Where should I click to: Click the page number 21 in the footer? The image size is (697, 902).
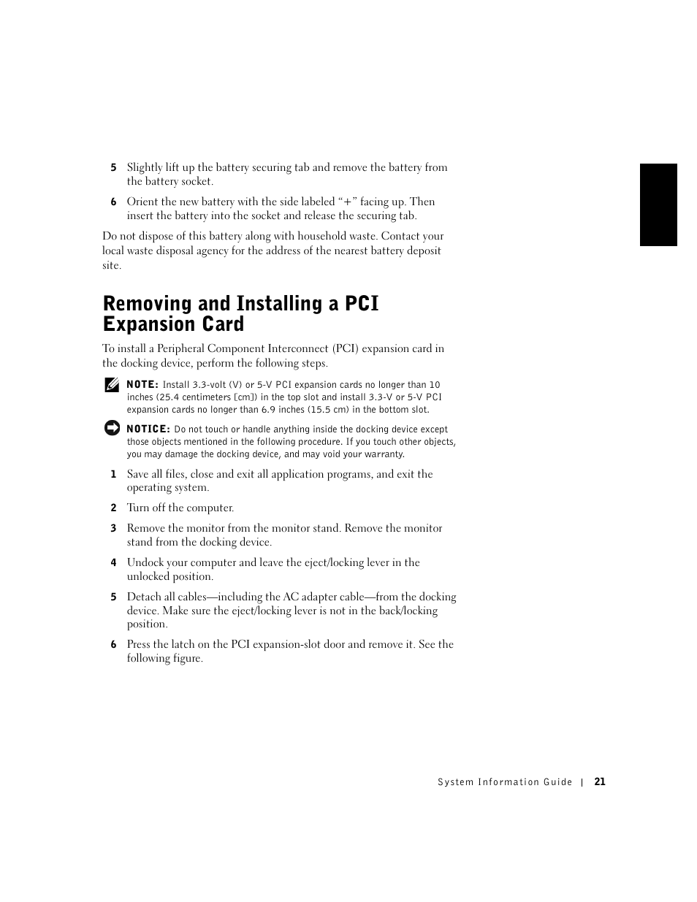(600, 781)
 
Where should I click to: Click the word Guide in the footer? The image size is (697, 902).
(558, 782)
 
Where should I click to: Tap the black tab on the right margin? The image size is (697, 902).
(658, 205)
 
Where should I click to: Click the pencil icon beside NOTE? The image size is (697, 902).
(112, 385)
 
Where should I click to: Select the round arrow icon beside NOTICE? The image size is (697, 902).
(112, 429)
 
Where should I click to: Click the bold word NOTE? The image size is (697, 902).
(142, 385)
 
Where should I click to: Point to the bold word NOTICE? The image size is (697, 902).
(148, 429)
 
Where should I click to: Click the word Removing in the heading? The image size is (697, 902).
(148, 304)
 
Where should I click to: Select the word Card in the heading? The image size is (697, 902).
(222, 324)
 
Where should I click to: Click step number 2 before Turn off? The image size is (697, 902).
(113, 508)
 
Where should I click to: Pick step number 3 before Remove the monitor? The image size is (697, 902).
(113, 529)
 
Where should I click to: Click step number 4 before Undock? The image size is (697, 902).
(113, 563)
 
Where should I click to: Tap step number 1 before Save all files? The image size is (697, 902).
(113, 475)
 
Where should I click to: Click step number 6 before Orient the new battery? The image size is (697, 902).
(113, 202)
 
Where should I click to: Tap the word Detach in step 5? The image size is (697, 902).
(144, 597)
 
